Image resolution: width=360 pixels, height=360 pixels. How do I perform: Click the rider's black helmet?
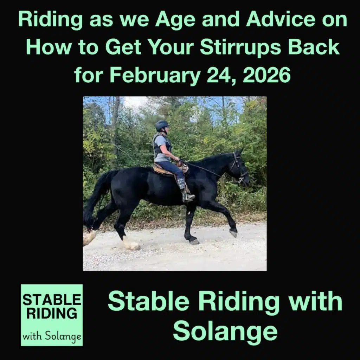pos(162,126)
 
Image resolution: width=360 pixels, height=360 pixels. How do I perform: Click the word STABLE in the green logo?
pos(52,300)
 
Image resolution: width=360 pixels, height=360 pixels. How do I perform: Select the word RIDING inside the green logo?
pos(52,313)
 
